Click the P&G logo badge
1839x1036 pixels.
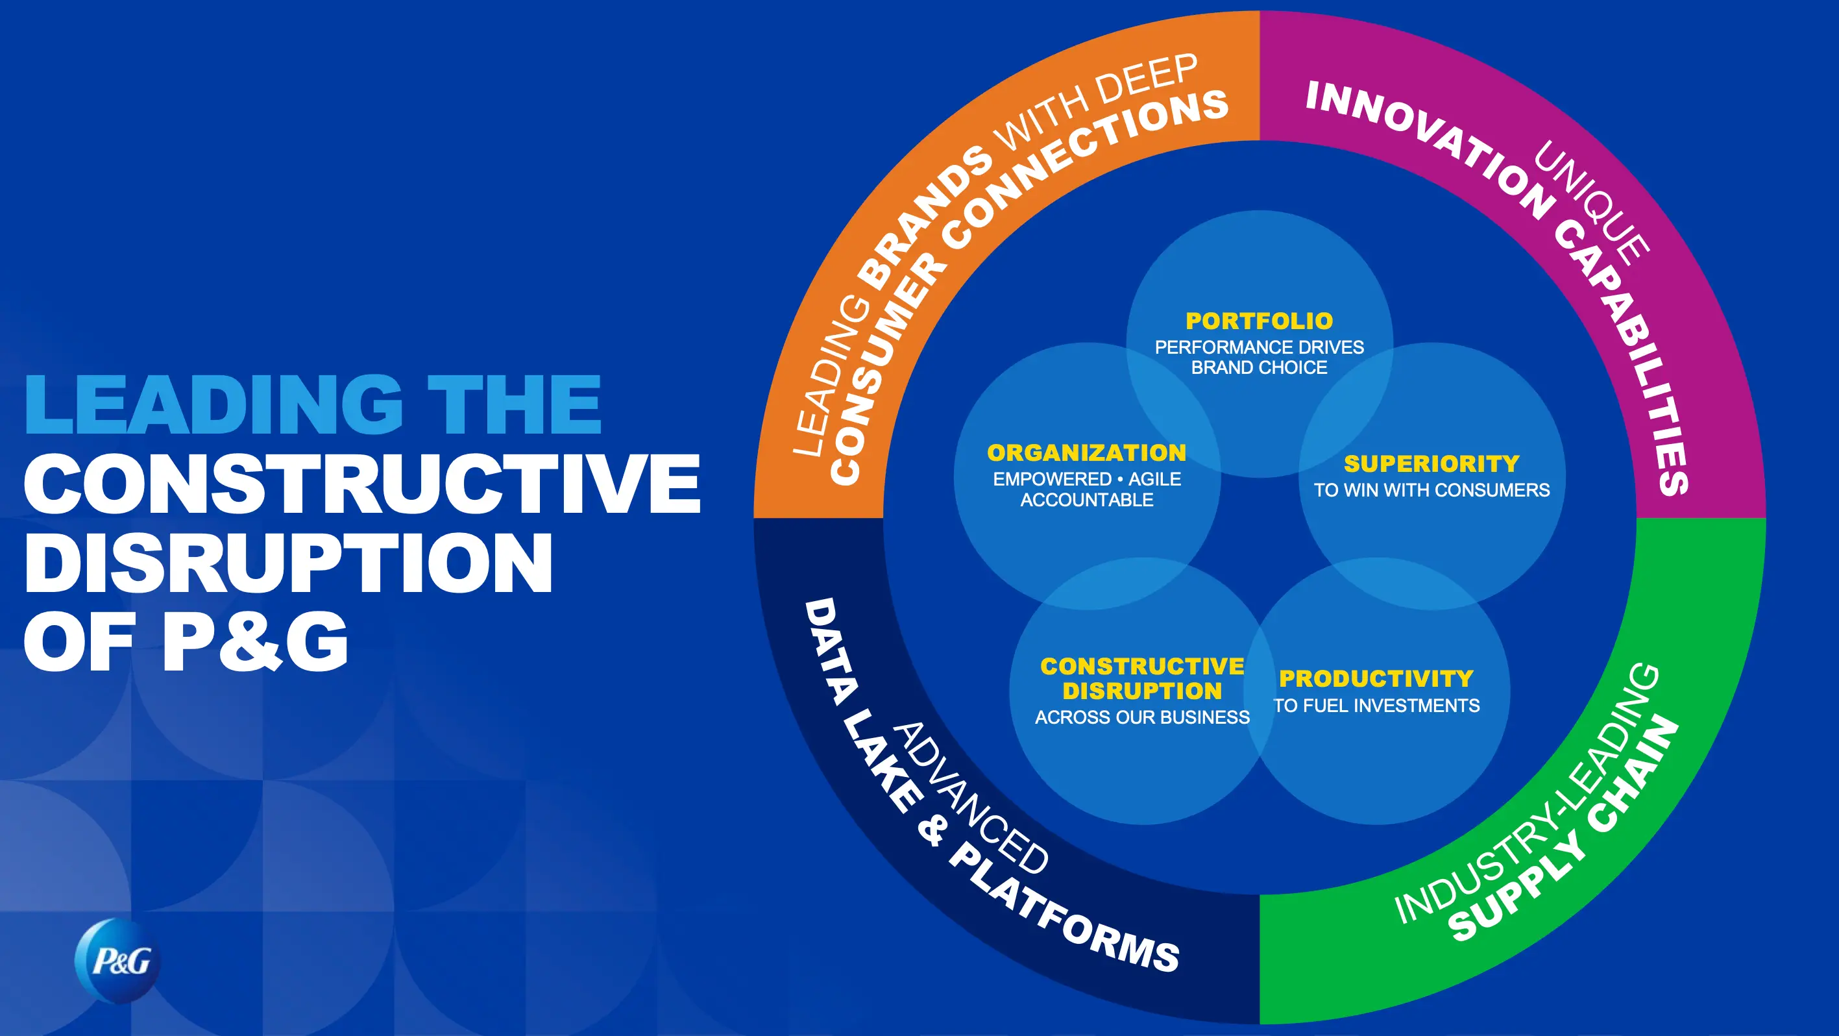pos(119,961)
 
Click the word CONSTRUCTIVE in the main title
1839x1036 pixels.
pos(363,484)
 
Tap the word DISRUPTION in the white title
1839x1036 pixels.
pos(288,563)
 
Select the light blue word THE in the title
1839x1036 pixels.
pos(514,404)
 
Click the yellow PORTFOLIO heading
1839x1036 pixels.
pos(1260,321)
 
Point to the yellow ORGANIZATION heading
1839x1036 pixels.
pos(1086,452)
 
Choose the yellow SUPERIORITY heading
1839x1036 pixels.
pos(1431,464)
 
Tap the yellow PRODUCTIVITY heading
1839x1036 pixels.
pos(1376,678)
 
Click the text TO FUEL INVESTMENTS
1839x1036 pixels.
pos(1376,706)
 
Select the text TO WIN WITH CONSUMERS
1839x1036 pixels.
pos(1431,490)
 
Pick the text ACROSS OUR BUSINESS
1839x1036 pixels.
pos(1142,717)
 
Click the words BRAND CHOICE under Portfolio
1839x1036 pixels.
pos(1260,367)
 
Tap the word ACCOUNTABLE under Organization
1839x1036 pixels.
pos(1086,500)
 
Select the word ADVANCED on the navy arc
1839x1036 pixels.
pos(971,800)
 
